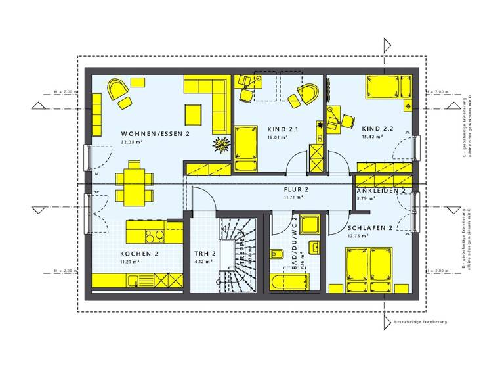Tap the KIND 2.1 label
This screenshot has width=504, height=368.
point(283,129)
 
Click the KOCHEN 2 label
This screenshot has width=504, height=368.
point(138,253)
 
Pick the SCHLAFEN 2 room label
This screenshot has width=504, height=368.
point(371,228)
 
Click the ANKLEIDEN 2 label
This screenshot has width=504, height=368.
point(381,190)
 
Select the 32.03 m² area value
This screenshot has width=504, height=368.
point(132,141)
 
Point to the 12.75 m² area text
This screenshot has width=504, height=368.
point(357,237)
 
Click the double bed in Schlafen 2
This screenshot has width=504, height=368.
point(369,266)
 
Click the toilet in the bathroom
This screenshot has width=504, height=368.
point(276,257)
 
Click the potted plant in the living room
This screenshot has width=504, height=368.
point(219,143)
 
